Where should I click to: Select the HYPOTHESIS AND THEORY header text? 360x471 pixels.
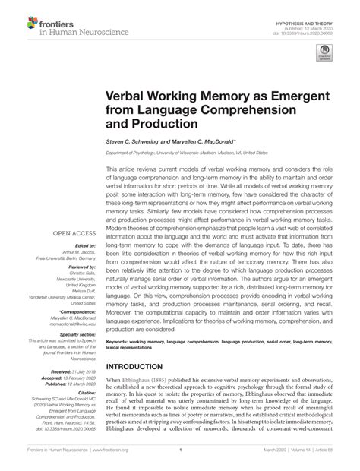pos(317,11)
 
